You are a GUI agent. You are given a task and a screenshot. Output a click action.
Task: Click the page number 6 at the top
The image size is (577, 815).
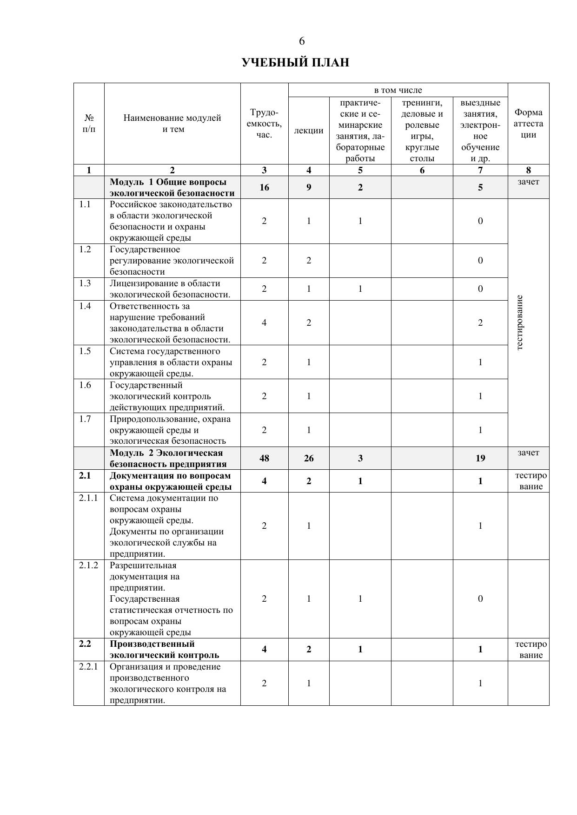(302, 41)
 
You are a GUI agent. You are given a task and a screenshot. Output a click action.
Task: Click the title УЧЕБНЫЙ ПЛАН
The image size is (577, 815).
(295, 63)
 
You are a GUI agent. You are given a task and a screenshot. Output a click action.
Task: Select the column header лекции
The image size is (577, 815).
(309, 131)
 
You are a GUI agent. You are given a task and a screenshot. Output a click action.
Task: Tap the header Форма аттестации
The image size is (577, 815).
(529, 124)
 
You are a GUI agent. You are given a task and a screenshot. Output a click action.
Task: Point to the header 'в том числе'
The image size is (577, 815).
(398, 90)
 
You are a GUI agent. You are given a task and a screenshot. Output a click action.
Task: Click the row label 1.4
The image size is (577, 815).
(85, 306)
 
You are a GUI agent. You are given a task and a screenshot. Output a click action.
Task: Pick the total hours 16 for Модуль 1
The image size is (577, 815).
(264, 187)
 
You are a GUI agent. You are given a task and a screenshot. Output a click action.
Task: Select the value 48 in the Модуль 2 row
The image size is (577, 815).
(264, 458)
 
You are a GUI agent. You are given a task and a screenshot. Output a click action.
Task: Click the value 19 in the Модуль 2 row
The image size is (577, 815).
(480, 458)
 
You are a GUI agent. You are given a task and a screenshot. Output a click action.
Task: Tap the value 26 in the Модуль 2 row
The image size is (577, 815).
(309, 458)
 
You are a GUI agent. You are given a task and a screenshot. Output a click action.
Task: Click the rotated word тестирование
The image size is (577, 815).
(520, 322)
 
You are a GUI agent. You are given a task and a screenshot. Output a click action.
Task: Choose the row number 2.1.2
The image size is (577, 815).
(88, 565)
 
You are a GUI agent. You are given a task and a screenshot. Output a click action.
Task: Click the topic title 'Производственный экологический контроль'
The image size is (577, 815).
(164, 650)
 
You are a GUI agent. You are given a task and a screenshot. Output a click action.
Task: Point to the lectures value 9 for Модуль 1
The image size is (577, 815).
(309, 187)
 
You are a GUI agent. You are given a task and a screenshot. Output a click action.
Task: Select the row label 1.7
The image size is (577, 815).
(85, 419)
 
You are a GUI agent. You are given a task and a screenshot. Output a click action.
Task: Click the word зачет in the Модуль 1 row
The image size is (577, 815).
(529, 182)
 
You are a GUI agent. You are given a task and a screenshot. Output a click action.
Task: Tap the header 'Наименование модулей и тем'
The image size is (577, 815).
(172, 124)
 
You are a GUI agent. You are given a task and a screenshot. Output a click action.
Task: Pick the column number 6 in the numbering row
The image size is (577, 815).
(422, 170)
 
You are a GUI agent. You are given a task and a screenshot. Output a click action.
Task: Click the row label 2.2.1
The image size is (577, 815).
(88, 666)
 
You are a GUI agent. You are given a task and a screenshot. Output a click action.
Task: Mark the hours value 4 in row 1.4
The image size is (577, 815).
(264, 322)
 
